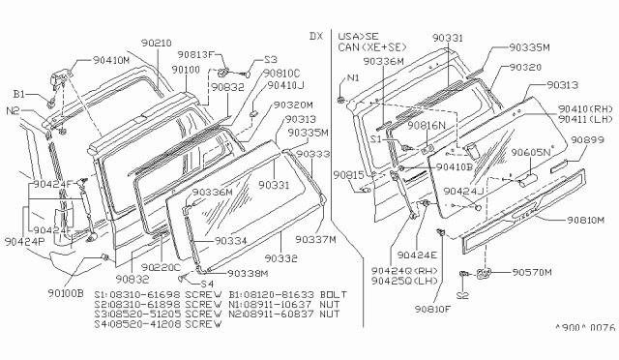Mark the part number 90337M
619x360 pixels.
click(x=314, y=239)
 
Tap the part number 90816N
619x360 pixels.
click(x=426, y=126)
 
